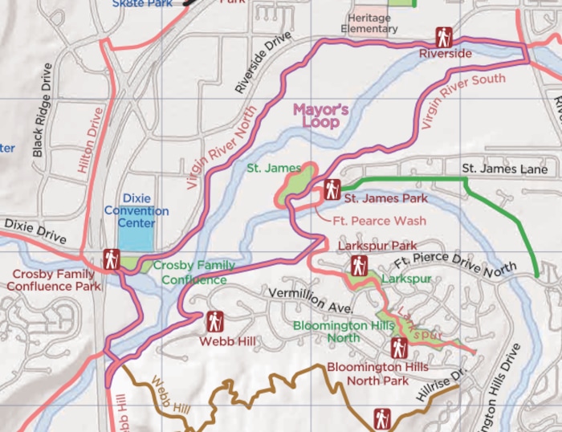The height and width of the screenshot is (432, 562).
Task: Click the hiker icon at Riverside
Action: pos(444,36)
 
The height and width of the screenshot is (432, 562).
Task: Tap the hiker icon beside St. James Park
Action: pos(331,190)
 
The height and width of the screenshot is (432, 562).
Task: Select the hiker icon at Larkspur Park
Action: pos(359,265)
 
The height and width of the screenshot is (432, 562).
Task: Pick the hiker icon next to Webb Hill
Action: pos(214,322)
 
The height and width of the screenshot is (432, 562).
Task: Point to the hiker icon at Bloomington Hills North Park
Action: pos(399,348)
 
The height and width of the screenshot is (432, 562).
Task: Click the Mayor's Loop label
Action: pos(320,116)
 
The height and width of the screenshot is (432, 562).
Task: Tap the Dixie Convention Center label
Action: pos(136,210)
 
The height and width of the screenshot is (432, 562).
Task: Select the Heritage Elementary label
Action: pos(369,23)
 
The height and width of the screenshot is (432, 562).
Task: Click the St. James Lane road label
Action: pos(504,169)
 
